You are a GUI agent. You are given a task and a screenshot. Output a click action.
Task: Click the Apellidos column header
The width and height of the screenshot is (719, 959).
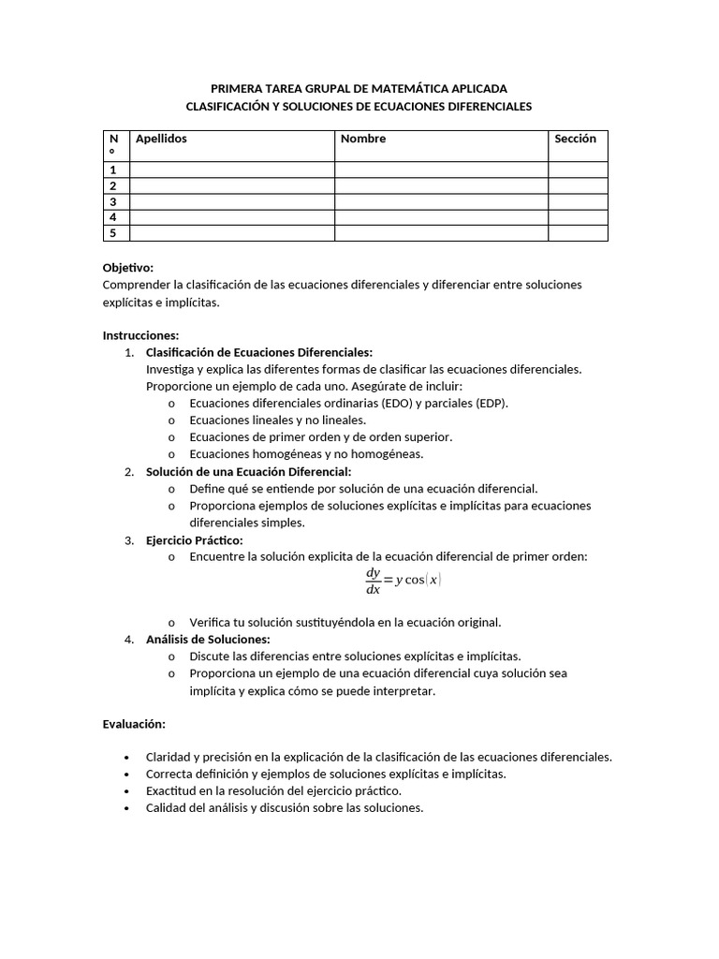tap(161, 139)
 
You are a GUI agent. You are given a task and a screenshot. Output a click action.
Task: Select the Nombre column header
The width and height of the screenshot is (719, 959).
tap(363, 139)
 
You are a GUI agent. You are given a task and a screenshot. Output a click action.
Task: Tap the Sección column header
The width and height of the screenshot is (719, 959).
tap(575, 139)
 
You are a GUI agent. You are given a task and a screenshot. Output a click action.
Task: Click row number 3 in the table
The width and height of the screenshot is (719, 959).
tap(113, 201)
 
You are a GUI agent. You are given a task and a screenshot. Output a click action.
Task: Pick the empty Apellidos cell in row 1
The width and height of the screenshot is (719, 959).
tap(232, 170)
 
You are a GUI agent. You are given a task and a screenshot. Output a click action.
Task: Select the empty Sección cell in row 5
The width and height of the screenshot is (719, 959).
tap(578, 233)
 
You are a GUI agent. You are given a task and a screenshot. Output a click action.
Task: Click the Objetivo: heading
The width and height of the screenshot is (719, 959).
tap(127, 267)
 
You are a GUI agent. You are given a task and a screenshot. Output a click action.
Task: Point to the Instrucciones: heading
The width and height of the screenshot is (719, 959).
tap(140, 335)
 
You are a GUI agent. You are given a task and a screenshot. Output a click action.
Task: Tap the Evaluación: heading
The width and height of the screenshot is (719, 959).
tap(134, 724)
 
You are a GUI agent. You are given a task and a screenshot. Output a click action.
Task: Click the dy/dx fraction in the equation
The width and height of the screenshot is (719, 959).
tap(374, 581)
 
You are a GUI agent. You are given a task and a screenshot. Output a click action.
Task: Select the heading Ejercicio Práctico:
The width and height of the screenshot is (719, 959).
tap(194, 540)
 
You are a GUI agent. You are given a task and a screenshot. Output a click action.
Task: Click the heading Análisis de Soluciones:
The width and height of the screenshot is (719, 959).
tap(208, 639)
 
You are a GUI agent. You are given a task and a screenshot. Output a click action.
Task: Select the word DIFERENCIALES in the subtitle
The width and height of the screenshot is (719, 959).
tap(478, 107)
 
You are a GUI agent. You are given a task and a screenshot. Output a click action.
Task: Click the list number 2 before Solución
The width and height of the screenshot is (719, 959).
tap(129, 471)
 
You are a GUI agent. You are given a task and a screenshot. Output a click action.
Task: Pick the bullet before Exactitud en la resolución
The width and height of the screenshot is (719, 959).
tap(126, 791)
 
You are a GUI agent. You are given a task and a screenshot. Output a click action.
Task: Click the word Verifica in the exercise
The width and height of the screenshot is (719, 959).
tap(211, 622)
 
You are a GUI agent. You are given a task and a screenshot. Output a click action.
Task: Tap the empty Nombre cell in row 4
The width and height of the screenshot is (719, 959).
tap(441, 217)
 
